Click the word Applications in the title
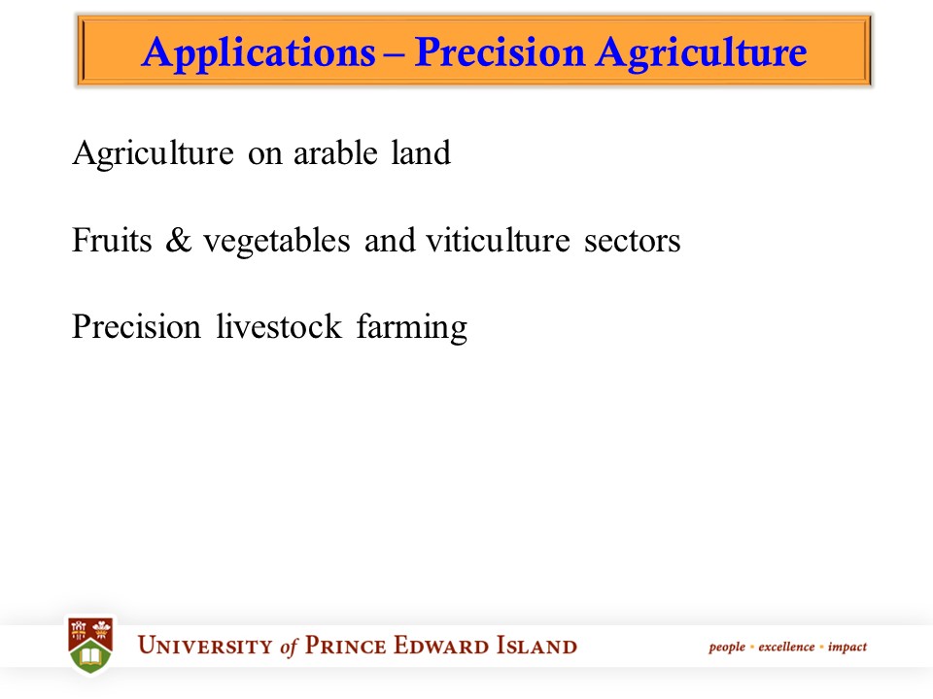point(257,52)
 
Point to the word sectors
point(632,241)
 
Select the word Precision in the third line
point(135,327)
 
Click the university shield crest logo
point(90,644)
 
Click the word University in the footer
point(206,647)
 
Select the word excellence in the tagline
point(787,647)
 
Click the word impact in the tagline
point(847,648)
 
